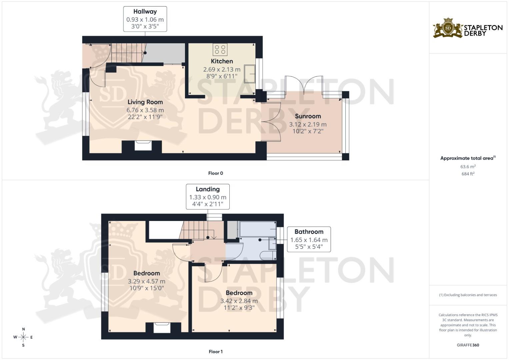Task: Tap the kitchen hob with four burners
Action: point(220,50)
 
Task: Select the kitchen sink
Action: point(250,74)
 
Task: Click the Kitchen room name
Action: point(222,61)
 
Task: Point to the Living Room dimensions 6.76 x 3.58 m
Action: point(145,110)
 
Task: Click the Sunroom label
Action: point(308,116)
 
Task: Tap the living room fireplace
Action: point(143,145)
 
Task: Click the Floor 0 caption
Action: point(216,173)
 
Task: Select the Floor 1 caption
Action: point(216,352)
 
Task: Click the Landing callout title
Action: point(208,189)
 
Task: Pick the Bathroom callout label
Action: point(309,232)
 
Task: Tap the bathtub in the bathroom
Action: point(258,229)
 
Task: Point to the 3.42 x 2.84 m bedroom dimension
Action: point(239,301)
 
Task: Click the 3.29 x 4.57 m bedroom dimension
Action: point(146,281)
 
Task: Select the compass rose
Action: point(23,337)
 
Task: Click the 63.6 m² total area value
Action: point(468,166)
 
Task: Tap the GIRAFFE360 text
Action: point(468,345)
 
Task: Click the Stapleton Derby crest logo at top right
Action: point(448,28)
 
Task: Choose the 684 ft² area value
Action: point(468,174)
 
